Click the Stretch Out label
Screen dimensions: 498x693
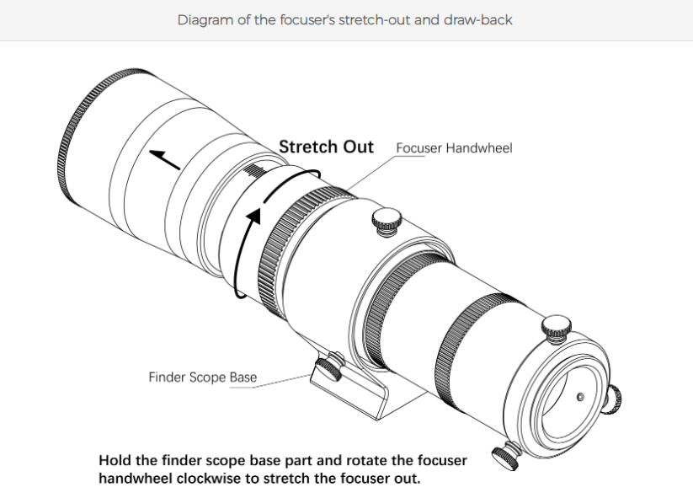pyautogui.click(x=326, y=147)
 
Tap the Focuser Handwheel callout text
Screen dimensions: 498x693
pyautogui.click(x=454, y=148)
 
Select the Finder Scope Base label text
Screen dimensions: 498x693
pyautogui.click(x=203, y=377)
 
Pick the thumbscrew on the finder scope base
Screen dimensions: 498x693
pyautogui.click(x=328, y=365)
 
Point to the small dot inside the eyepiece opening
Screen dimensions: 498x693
pyautogui.click(x=578, y=394)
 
